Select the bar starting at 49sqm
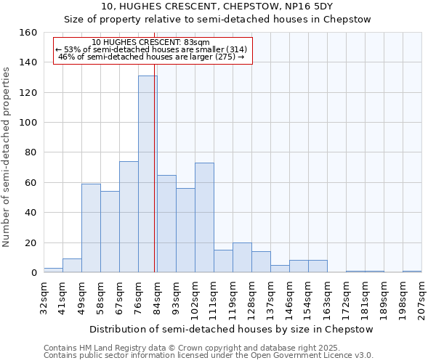tap(91, 228)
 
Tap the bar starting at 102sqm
tap(204, 218)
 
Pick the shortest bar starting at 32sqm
tap(53, 270)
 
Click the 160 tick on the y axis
tap(28, 33)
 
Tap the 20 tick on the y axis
tap(31, 242)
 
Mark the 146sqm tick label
tap(289, 298)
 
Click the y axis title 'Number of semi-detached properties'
tap(7, 152)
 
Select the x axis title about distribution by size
tap(233, 329)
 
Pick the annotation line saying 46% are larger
tap(151, 57)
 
